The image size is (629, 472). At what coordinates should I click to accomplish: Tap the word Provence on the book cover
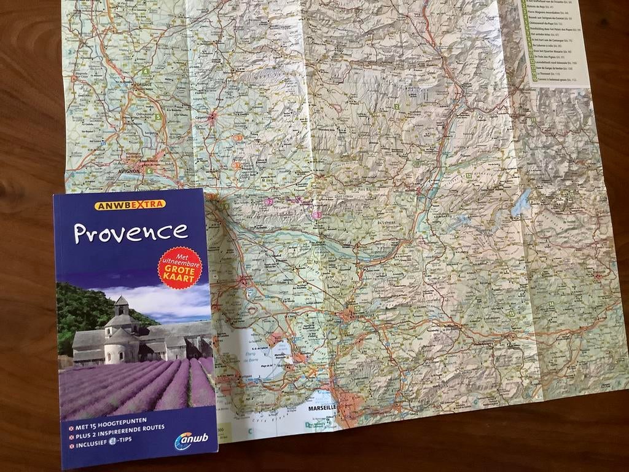pos(130,232)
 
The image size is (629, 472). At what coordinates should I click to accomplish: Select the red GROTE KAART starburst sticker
pos(179,267)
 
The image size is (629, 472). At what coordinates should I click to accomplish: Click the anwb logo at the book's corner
pos(191,440)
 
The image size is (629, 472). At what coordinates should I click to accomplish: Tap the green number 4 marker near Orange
pos(146,71)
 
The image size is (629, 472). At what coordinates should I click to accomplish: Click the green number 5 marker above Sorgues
pos(158,117)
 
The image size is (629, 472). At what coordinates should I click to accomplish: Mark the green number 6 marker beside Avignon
pos(149,171)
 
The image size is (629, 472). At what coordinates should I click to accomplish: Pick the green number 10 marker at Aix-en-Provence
pos(357,309)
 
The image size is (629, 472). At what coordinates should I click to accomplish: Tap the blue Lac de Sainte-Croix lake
pos(521,203)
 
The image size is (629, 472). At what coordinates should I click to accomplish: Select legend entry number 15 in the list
pos(534,79)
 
